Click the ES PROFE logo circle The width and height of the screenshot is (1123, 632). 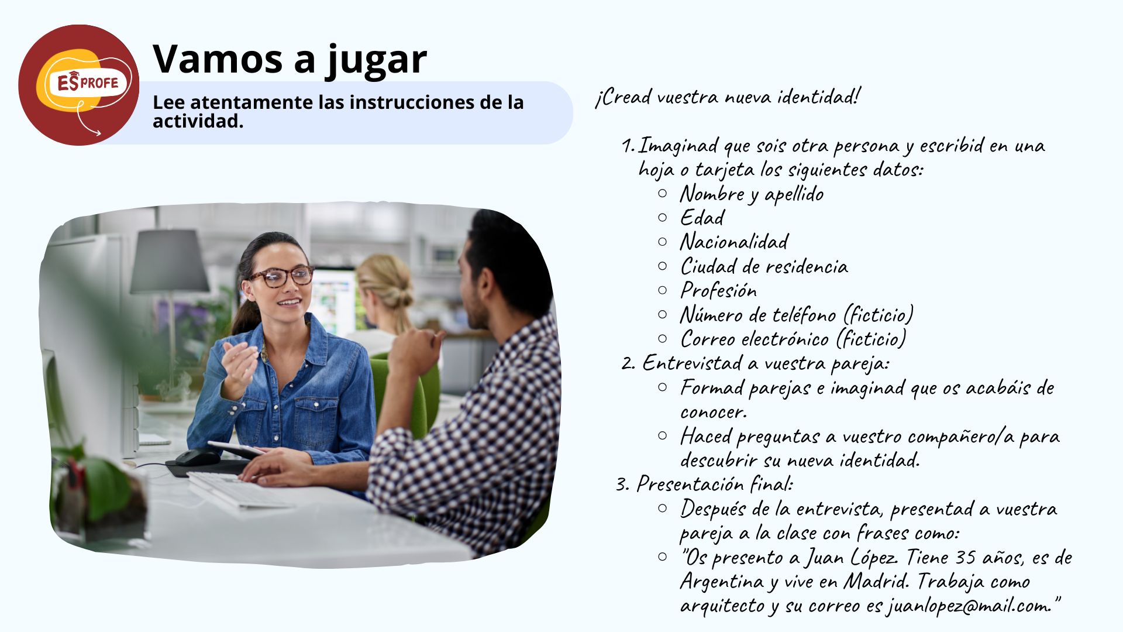tap(78, 85)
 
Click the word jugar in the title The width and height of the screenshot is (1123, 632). tap(377, 60)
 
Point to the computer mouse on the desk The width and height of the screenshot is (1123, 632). tap(197, 457)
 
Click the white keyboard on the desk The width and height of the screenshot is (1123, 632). tap(237, 490)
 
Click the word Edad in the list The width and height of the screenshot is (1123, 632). tap(702, 218)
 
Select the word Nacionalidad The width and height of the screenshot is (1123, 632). tap(734, 242)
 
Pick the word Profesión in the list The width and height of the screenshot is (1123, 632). tap(719, 290)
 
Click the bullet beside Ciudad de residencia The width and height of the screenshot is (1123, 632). tap(662, 266)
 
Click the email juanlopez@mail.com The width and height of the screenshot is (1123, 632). tap(969, 606)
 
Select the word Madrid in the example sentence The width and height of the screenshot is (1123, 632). tap(877, 581)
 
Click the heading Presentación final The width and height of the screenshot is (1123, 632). tap(715, 484)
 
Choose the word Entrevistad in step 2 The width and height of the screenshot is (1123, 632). tap(693, 363)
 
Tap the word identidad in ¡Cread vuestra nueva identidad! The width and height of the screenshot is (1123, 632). tap(819, 96)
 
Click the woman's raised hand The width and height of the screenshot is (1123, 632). tap(237, 366)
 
